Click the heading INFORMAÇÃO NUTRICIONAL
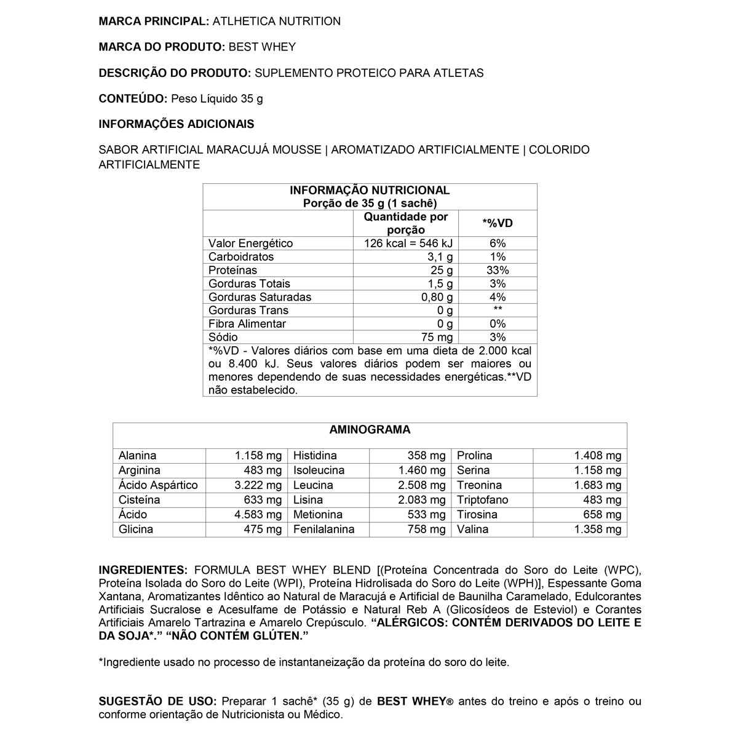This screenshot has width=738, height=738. coord(370,191)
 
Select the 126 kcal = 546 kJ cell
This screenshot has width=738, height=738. coord(408,244)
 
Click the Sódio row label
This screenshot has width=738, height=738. coord(223,338)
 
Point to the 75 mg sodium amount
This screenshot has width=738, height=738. coord(437,338)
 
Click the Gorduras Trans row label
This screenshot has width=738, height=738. coord(248,311)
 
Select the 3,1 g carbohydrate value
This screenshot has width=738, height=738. coord(440,257)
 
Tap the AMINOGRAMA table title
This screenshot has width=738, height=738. coord(370,430)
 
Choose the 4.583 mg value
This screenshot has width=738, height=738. coord(258,515)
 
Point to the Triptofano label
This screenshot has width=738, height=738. coord(483,500)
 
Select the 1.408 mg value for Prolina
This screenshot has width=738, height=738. coord(598,456)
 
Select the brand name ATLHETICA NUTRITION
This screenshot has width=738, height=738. coord(276,22)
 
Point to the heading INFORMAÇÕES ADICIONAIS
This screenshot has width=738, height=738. coord(177,124)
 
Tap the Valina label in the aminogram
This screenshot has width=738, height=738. coord(473,530)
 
